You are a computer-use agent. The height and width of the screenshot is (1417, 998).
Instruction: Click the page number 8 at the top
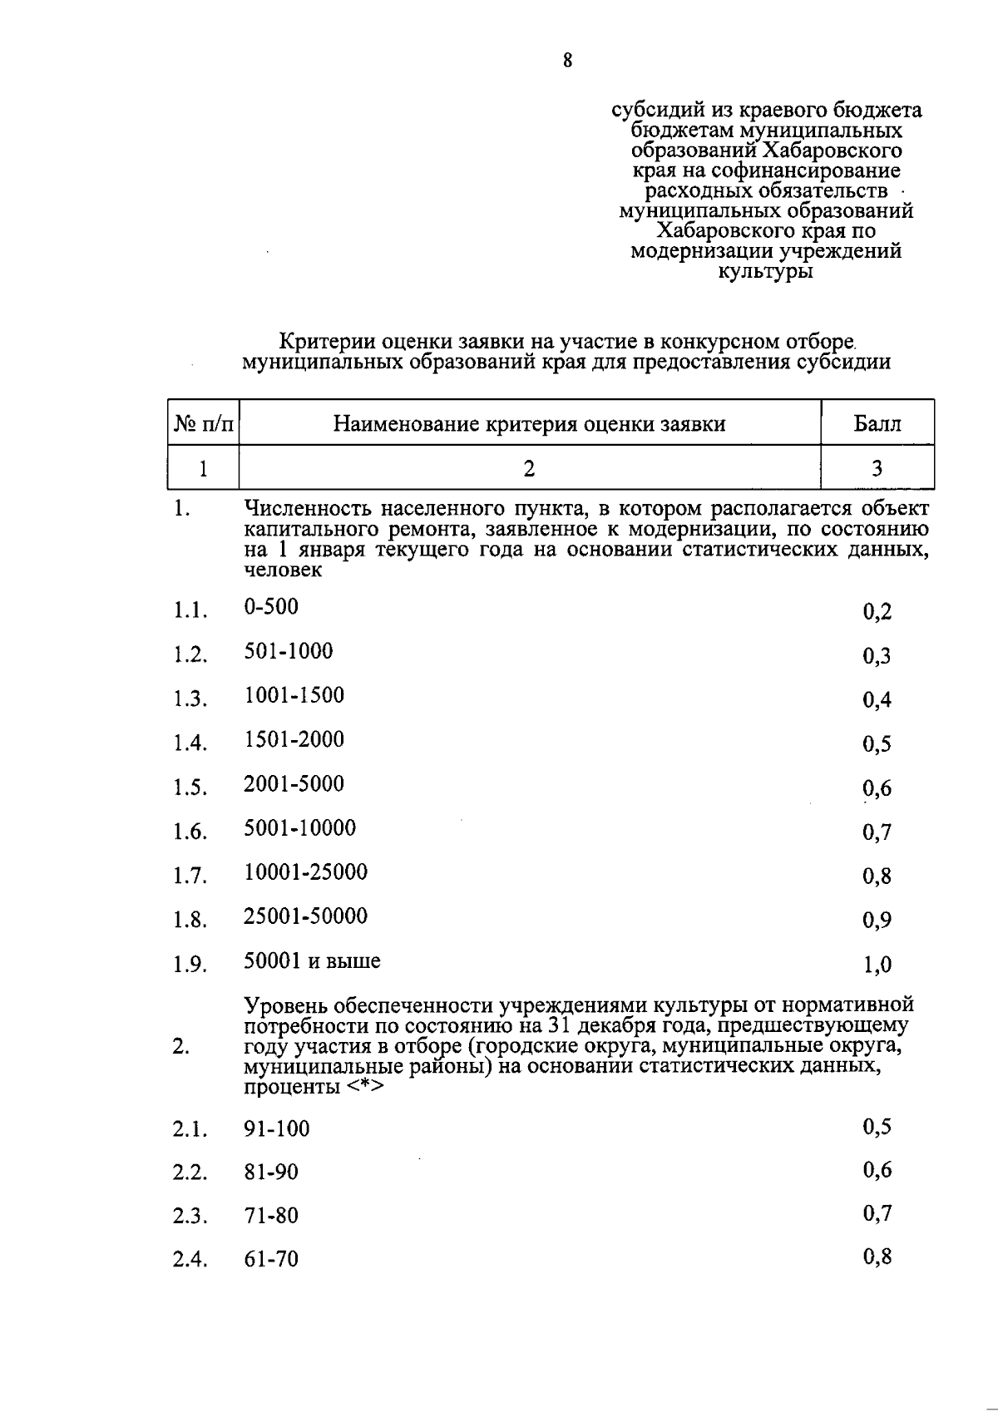567,60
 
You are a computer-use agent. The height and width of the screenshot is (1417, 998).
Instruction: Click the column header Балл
877,424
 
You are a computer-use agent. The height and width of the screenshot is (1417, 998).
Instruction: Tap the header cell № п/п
203,424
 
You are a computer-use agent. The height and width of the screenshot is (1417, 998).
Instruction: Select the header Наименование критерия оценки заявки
529,424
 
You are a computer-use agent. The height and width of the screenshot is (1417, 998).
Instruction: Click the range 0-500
270,607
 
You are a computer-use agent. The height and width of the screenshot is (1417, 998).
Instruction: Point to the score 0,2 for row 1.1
877,613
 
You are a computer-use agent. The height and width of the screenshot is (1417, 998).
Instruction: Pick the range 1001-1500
294,695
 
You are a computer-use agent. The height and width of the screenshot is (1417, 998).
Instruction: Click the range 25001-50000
305,916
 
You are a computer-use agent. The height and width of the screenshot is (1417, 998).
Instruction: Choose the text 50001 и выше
312,961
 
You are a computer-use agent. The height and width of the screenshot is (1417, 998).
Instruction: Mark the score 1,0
877,965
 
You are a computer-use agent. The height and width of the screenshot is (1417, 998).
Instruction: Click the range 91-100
276,1129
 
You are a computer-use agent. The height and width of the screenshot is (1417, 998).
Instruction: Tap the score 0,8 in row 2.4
877,1257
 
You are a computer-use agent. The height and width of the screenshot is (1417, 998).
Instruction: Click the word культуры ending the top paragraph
766,271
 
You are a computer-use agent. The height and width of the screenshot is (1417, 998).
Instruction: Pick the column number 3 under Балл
877,468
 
